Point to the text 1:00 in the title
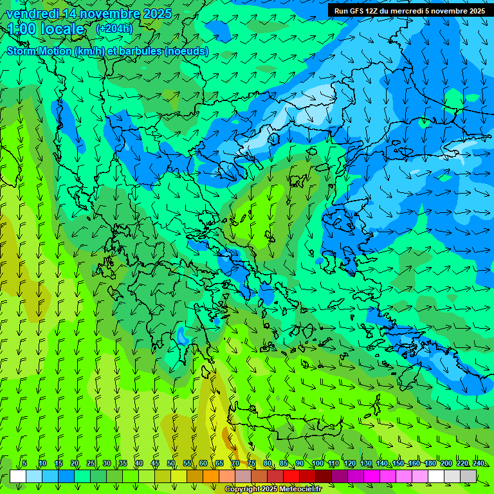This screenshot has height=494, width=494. click(x=21, y=29)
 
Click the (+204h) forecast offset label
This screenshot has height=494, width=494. click(x=114, y=29)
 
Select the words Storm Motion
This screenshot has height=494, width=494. click(x=38, y=51)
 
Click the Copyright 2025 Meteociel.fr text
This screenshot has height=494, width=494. click(x=273, y=489)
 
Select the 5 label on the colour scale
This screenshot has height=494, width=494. click(x=24, y=463)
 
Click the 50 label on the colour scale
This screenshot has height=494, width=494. click(x=171, y=463)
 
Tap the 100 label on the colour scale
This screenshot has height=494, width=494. click(x=316, y=463)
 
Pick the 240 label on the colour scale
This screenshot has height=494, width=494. click(x=478, y=463)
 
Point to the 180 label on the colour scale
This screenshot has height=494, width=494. click(x=430, y=463)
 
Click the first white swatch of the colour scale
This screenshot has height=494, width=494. click(x=18, y=476)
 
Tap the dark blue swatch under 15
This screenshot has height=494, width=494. click(x=66, y=476)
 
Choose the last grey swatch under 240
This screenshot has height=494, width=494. click(x=468, y=476)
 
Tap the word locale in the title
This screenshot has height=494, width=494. click(x=62, y=29)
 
